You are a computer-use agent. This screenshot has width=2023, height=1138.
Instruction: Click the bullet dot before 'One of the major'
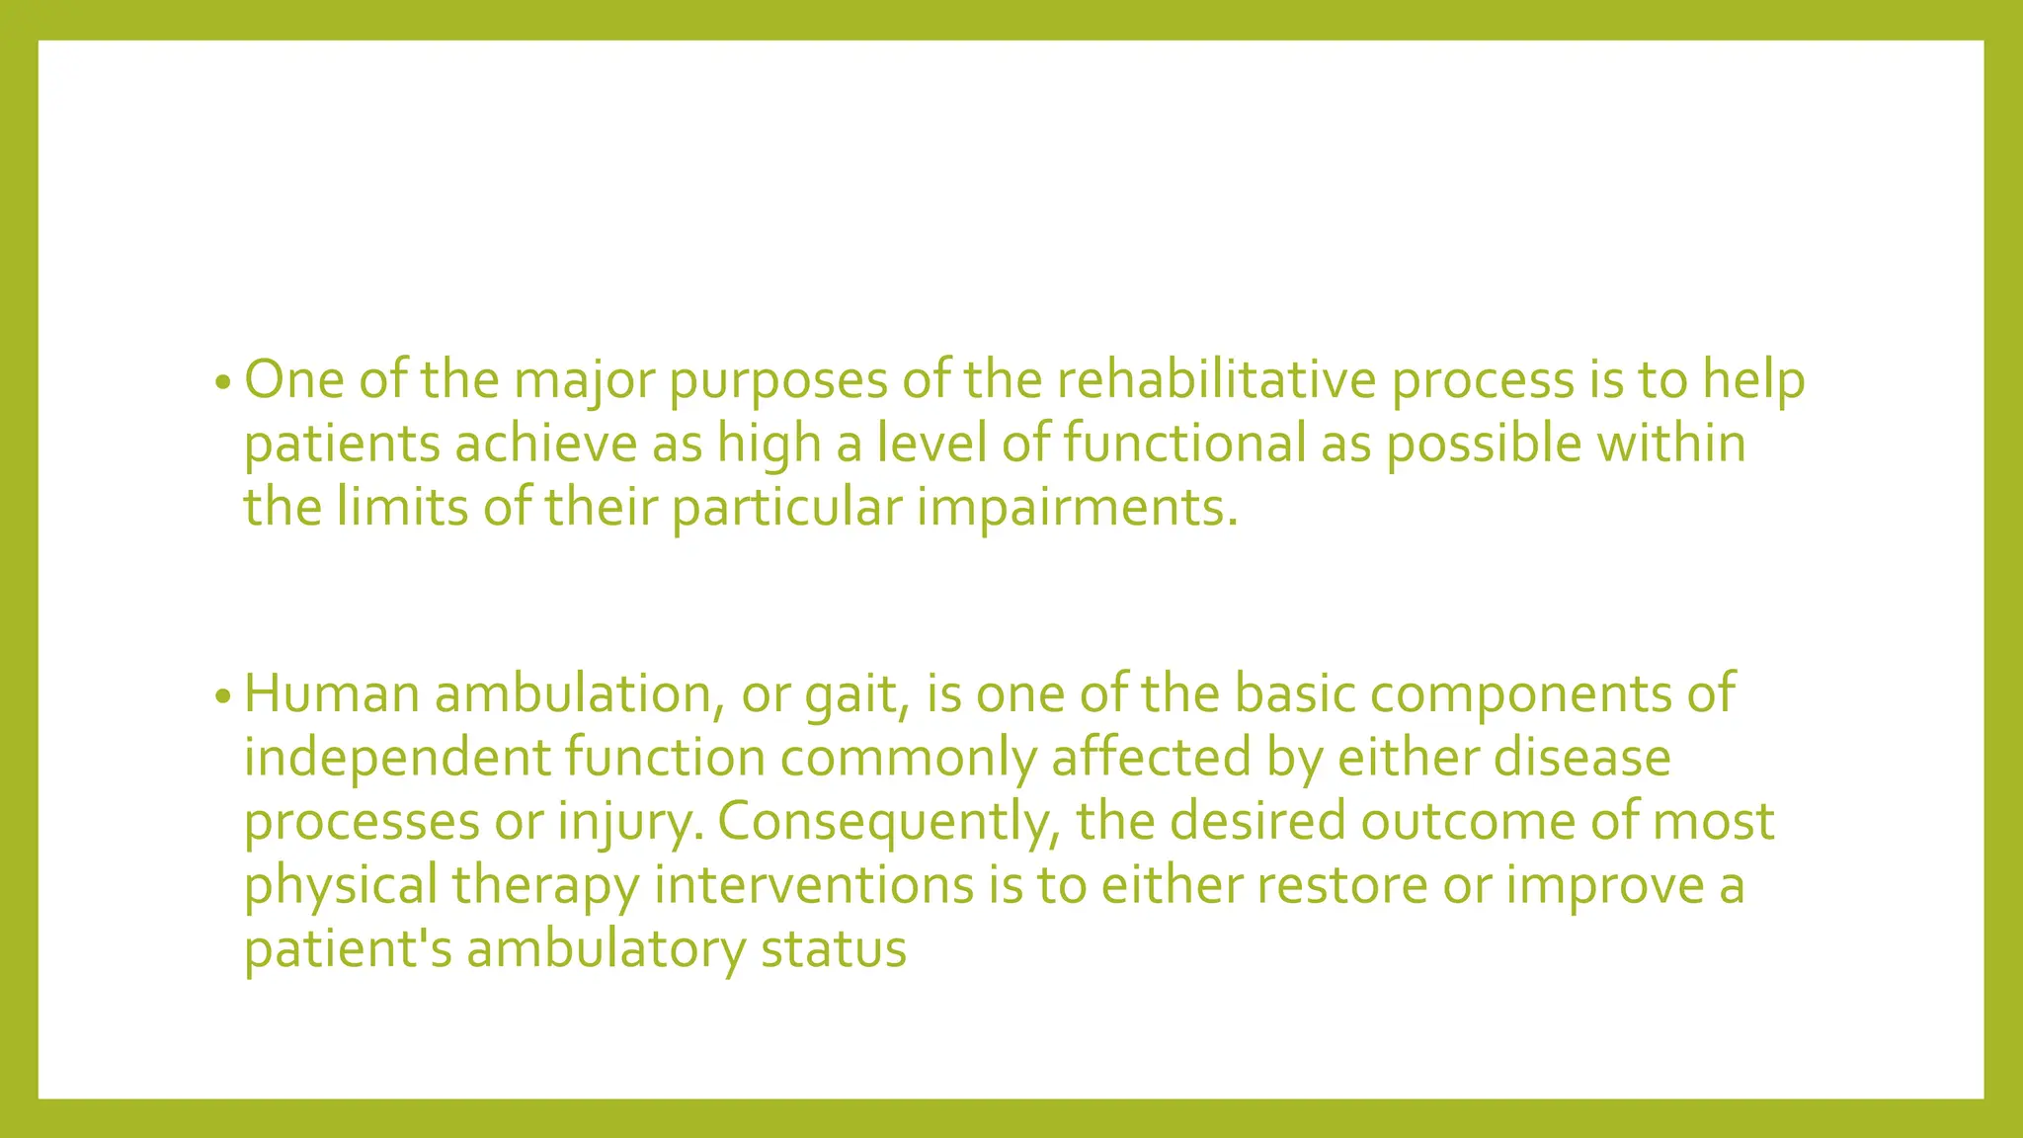(x=222, y=383)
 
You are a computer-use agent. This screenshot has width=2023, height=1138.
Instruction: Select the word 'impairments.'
(x=1077, y=508)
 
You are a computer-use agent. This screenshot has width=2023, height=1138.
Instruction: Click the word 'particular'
(x=787, y=508)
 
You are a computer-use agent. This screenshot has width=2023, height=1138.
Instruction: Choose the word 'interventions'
(x=814, y=885)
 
